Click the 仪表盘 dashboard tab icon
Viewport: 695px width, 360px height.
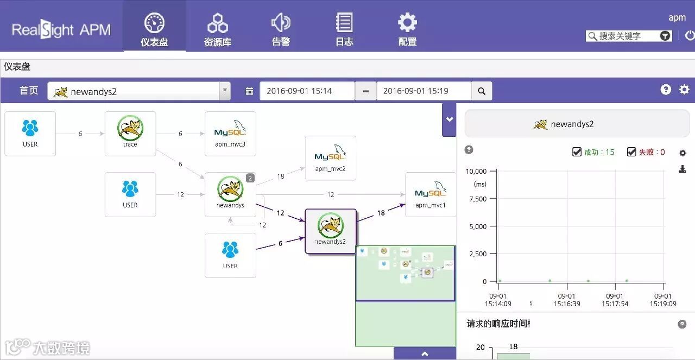(154, 23)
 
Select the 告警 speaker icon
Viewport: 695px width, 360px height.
(281, 23)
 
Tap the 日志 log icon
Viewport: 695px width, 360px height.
(344, 23)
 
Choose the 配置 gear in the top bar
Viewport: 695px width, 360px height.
(407, 23)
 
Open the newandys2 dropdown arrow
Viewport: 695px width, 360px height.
(224, 91)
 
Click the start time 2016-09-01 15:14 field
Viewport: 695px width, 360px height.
(307, 91)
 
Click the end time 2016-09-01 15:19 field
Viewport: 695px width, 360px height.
(424, 91)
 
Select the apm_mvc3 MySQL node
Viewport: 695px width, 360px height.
(230, 134)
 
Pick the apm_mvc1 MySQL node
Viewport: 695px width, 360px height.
(431, 194)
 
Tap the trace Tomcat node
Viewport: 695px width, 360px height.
(130, 134)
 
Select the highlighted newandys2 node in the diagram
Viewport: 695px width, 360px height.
(330, 231)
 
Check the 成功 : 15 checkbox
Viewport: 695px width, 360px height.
(577, 152)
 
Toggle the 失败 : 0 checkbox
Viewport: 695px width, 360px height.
(631, 152)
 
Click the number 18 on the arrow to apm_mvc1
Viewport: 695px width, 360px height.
(381, 213)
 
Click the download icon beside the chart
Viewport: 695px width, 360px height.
(683, 169)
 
